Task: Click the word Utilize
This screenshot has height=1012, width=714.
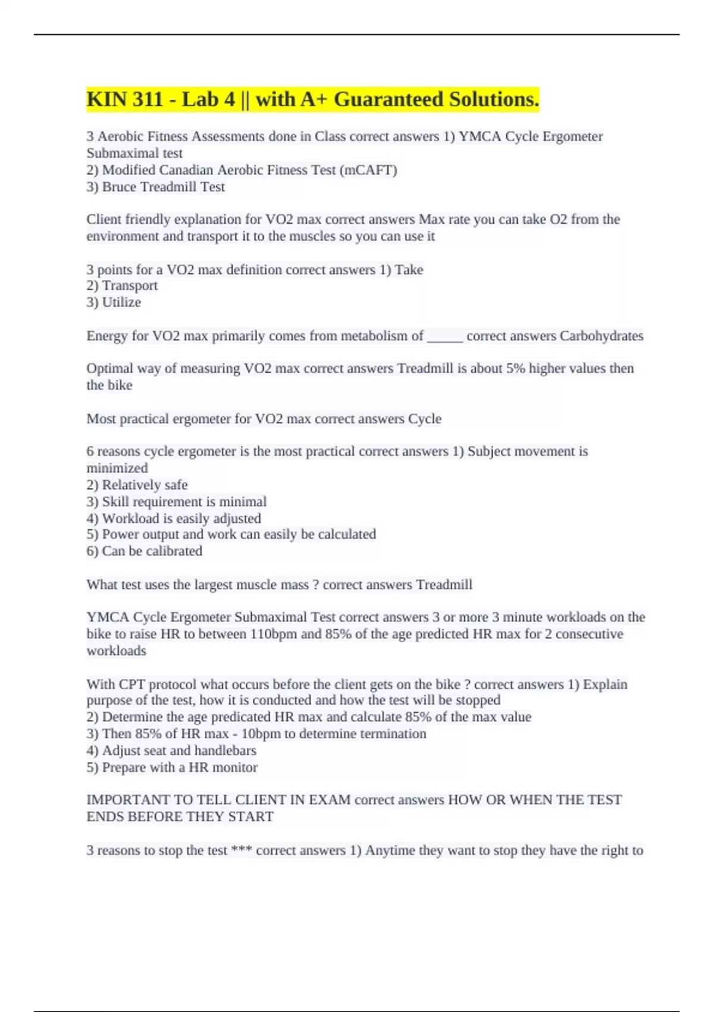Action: point(121,302)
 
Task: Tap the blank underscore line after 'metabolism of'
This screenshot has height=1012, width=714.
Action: point(445,336)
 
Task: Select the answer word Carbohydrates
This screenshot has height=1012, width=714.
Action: point(602,336)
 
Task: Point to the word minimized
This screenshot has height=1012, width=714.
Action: point(117,468)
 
